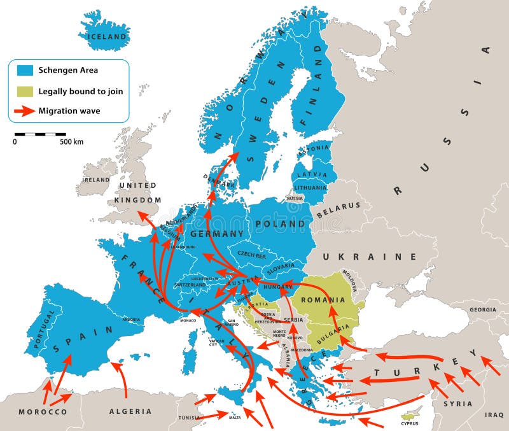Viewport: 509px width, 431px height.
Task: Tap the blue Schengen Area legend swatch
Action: pos(24,70)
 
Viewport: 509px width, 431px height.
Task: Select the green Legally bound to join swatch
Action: pos(24,91)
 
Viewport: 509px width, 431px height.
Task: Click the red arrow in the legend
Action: pos(24,111)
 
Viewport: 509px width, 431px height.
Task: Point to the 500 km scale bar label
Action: pos(72,142)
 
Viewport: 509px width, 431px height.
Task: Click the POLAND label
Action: pos(280,224)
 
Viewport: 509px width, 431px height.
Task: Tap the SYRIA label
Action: pos(458,404)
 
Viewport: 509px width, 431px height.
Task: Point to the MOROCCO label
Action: pos(43,413)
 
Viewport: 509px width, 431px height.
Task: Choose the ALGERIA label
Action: pos(130,411)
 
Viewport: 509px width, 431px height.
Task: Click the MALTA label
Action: pos(235,418)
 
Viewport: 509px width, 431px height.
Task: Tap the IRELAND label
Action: pos(95,180)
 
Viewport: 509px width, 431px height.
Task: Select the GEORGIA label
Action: pos(483,310)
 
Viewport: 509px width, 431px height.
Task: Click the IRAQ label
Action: pos(494,414)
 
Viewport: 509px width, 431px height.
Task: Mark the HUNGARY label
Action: pos(277,287)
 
